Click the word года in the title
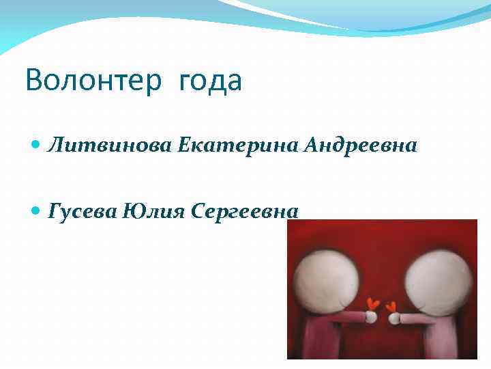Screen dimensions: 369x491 coord(211,82)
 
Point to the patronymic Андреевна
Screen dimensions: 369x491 coord(361,145)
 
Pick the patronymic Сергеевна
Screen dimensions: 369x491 coord(245,211)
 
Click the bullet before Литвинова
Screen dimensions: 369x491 coord(37,146)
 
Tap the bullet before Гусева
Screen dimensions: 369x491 coord(37,212)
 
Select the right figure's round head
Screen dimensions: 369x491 coord(438,275)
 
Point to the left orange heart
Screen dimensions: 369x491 coord(372,303)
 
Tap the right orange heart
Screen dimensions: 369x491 coord(391,306)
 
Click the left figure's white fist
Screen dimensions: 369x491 coord(370,316)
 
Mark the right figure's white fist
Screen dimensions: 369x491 coord(393,318)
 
